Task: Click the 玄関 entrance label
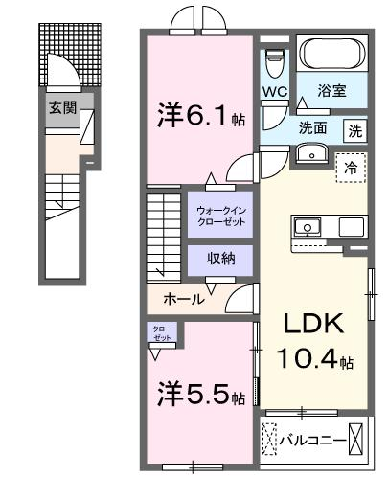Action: [62, 107]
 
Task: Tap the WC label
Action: [275, 92]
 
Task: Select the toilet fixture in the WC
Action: [275, 63]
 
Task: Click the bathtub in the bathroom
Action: [332, 53]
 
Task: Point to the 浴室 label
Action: [331, 91]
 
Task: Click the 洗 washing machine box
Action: [354, 130]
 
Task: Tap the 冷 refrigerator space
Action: [351, 168]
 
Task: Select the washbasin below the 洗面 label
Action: [311, 153]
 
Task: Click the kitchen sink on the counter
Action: [308, 227]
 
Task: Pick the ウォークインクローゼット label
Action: [220, 216]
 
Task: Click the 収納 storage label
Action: [220, 258]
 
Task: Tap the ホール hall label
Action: [184, 299]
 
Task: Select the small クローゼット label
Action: [162, 333]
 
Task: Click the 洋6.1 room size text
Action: [201, 115]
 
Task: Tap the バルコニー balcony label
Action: [312, 441]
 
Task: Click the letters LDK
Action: [313, 323]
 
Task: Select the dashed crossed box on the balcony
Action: [270, 439]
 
